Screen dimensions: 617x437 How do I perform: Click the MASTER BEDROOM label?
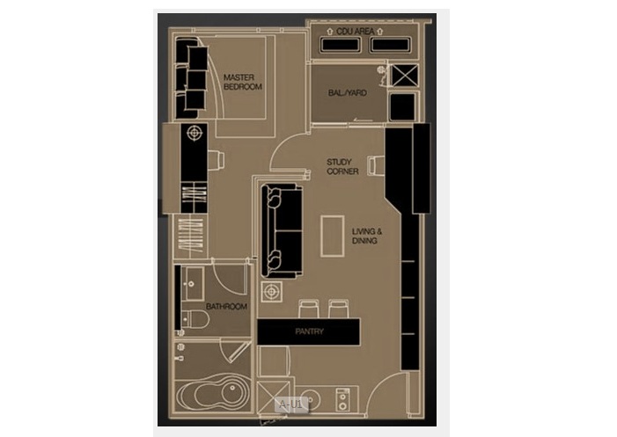pos(242,82)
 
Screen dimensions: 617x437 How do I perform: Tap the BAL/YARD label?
pos(347,92)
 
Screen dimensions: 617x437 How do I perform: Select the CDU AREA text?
pos(355,32)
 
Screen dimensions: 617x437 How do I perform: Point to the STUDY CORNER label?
pos(342,167)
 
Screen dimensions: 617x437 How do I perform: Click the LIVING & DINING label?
pos(367,236)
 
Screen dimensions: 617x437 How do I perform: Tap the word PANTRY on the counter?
pos(309,331)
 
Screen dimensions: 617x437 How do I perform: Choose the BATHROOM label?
pos(227,307)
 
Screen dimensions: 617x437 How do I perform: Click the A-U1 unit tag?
pos(290,404)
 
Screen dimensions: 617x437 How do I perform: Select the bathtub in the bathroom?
pos(212,394)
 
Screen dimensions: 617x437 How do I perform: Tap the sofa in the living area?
pos(282,231)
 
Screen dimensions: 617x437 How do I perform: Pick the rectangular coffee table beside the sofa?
pos(333,236)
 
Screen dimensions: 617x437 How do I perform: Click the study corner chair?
pos(376,165)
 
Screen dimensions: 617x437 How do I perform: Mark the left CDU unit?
pos(341,45)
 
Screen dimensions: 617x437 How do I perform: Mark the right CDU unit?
pos(390,45)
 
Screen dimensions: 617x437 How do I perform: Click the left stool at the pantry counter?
pos(309,309)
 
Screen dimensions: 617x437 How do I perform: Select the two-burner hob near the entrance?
pos(342,400)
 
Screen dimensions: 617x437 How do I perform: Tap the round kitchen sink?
pos(310,400)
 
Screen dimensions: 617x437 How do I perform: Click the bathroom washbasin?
pos(192,284)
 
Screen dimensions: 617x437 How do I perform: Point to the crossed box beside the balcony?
pos(405,76)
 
